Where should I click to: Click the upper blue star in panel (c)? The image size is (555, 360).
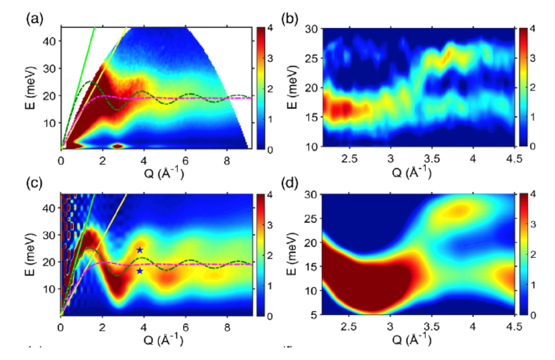point(140,250)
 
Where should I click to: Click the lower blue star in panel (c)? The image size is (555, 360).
point(140,271)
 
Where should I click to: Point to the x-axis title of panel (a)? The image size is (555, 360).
point(155,173)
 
